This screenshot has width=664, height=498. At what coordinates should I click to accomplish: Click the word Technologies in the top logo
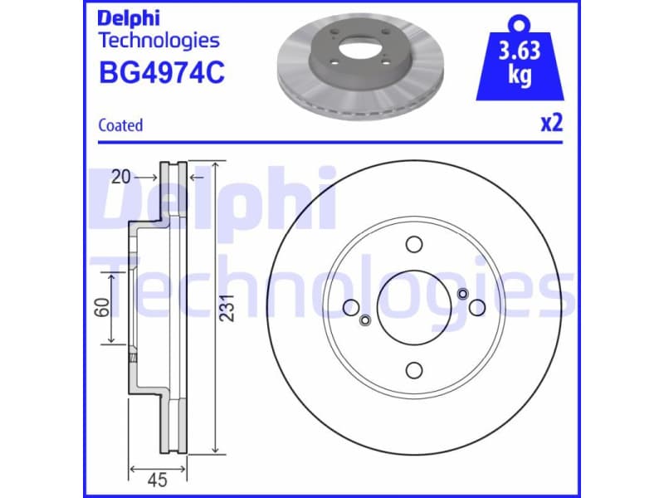pyautogui.click(x=159, y=40)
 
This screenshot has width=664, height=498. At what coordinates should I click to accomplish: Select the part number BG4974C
pyautogui.click(x=161, y=73)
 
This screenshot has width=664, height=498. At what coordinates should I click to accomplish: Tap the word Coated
pyautogui.click(x=120, y=125)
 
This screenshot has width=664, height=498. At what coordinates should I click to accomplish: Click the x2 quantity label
pyautogui.click(x=551, y=124)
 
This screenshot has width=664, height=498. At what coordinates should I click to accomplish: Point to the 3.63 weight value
pyautogui.click(x=520, y=51)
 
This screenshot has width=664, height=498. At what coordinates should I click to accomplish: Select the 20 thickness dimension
pyautogui.click(x=122, y=176)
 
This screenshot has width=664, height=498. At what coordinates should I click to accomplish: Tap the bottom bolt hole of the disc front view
pyautogui.click(x=413, y=371)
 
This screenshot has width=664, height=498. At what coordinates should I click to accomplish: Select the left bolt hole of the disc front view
pyautogui.click(x=350, y=308)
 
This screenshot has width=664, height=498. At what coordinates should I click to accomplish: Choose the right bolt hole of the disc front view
pyautogui.click(x=476, y=308)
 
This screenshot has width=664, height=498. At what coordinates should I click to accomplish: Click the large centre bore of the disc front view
pyautogui.click(x=413, y=308)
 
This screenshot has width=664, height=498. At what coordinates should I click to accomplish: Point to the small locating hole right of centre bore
pyautogui.click(x=462, y=293)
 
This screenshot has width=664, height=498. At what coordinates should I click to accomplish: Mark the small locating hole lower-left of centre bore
pyautogui.click(x=364, y=322)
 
